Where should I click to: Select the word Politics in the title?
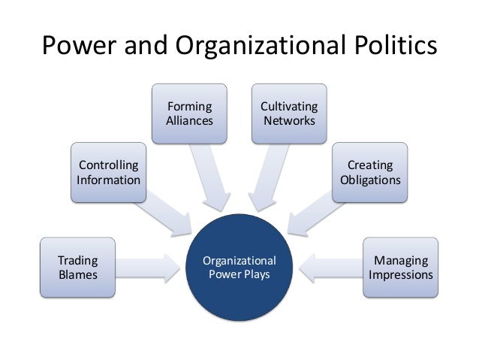coord(390,47)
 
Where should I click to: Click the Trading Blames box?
coord(78,268)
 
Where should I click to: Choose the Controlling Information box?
coord(108,172)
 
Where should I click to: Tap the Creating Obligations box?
coord(370,172)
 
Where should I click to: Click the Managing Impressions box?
coord(400,268)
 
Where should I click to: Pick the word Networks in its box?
coord(289,120)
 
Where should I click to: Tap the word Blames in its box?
coord(78,274)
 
